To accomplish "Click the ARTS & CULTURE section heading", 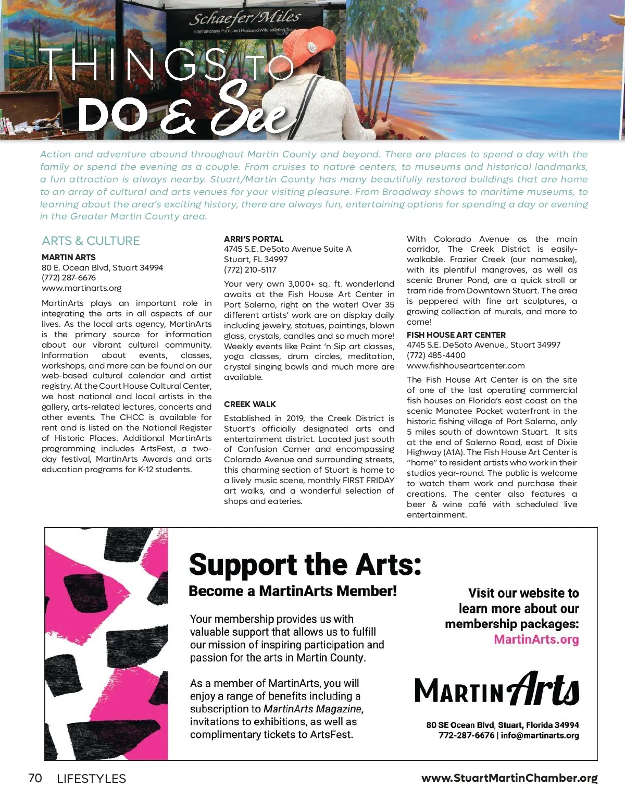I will tap(91, 241).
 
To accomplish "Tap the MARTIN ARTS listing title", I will tap(69, 257).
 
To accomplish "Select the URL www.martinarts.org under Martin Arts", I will tap(81, 288).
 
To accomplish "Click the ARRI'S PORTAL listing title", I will tap(254, 239).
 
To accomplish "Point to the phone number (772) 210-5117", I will tap(250, 270).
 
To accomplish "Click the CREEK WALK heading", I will tap(250, 404).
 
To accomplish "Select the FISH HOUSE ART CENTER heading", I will tap(456, 335).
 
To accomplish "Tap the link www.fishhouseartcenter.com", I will tap(466, 366).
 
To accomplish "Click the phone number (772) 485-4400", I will tap(436, 355).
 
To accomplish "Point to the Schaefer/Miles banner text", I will tap(244, 19).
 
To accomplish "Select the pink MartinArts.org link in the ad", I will tap(536, 639).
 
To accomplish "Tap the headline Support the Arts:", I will tap(305, 564).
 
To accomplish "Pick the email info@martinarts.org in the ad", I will tap(540, 735).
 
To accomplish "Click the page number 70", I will tap(35, 778).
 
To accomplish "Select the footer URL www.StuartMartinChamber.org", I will tap(509, 778).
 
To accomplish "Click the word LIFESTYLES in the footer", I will tap(91, 779).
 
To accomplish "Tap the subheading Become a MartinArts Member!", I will tap(292, 591).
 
